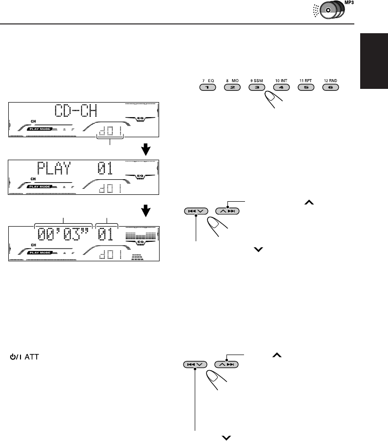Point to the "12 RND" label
tap(330, 80)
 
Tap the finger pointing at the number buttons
tap(273, 101)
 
